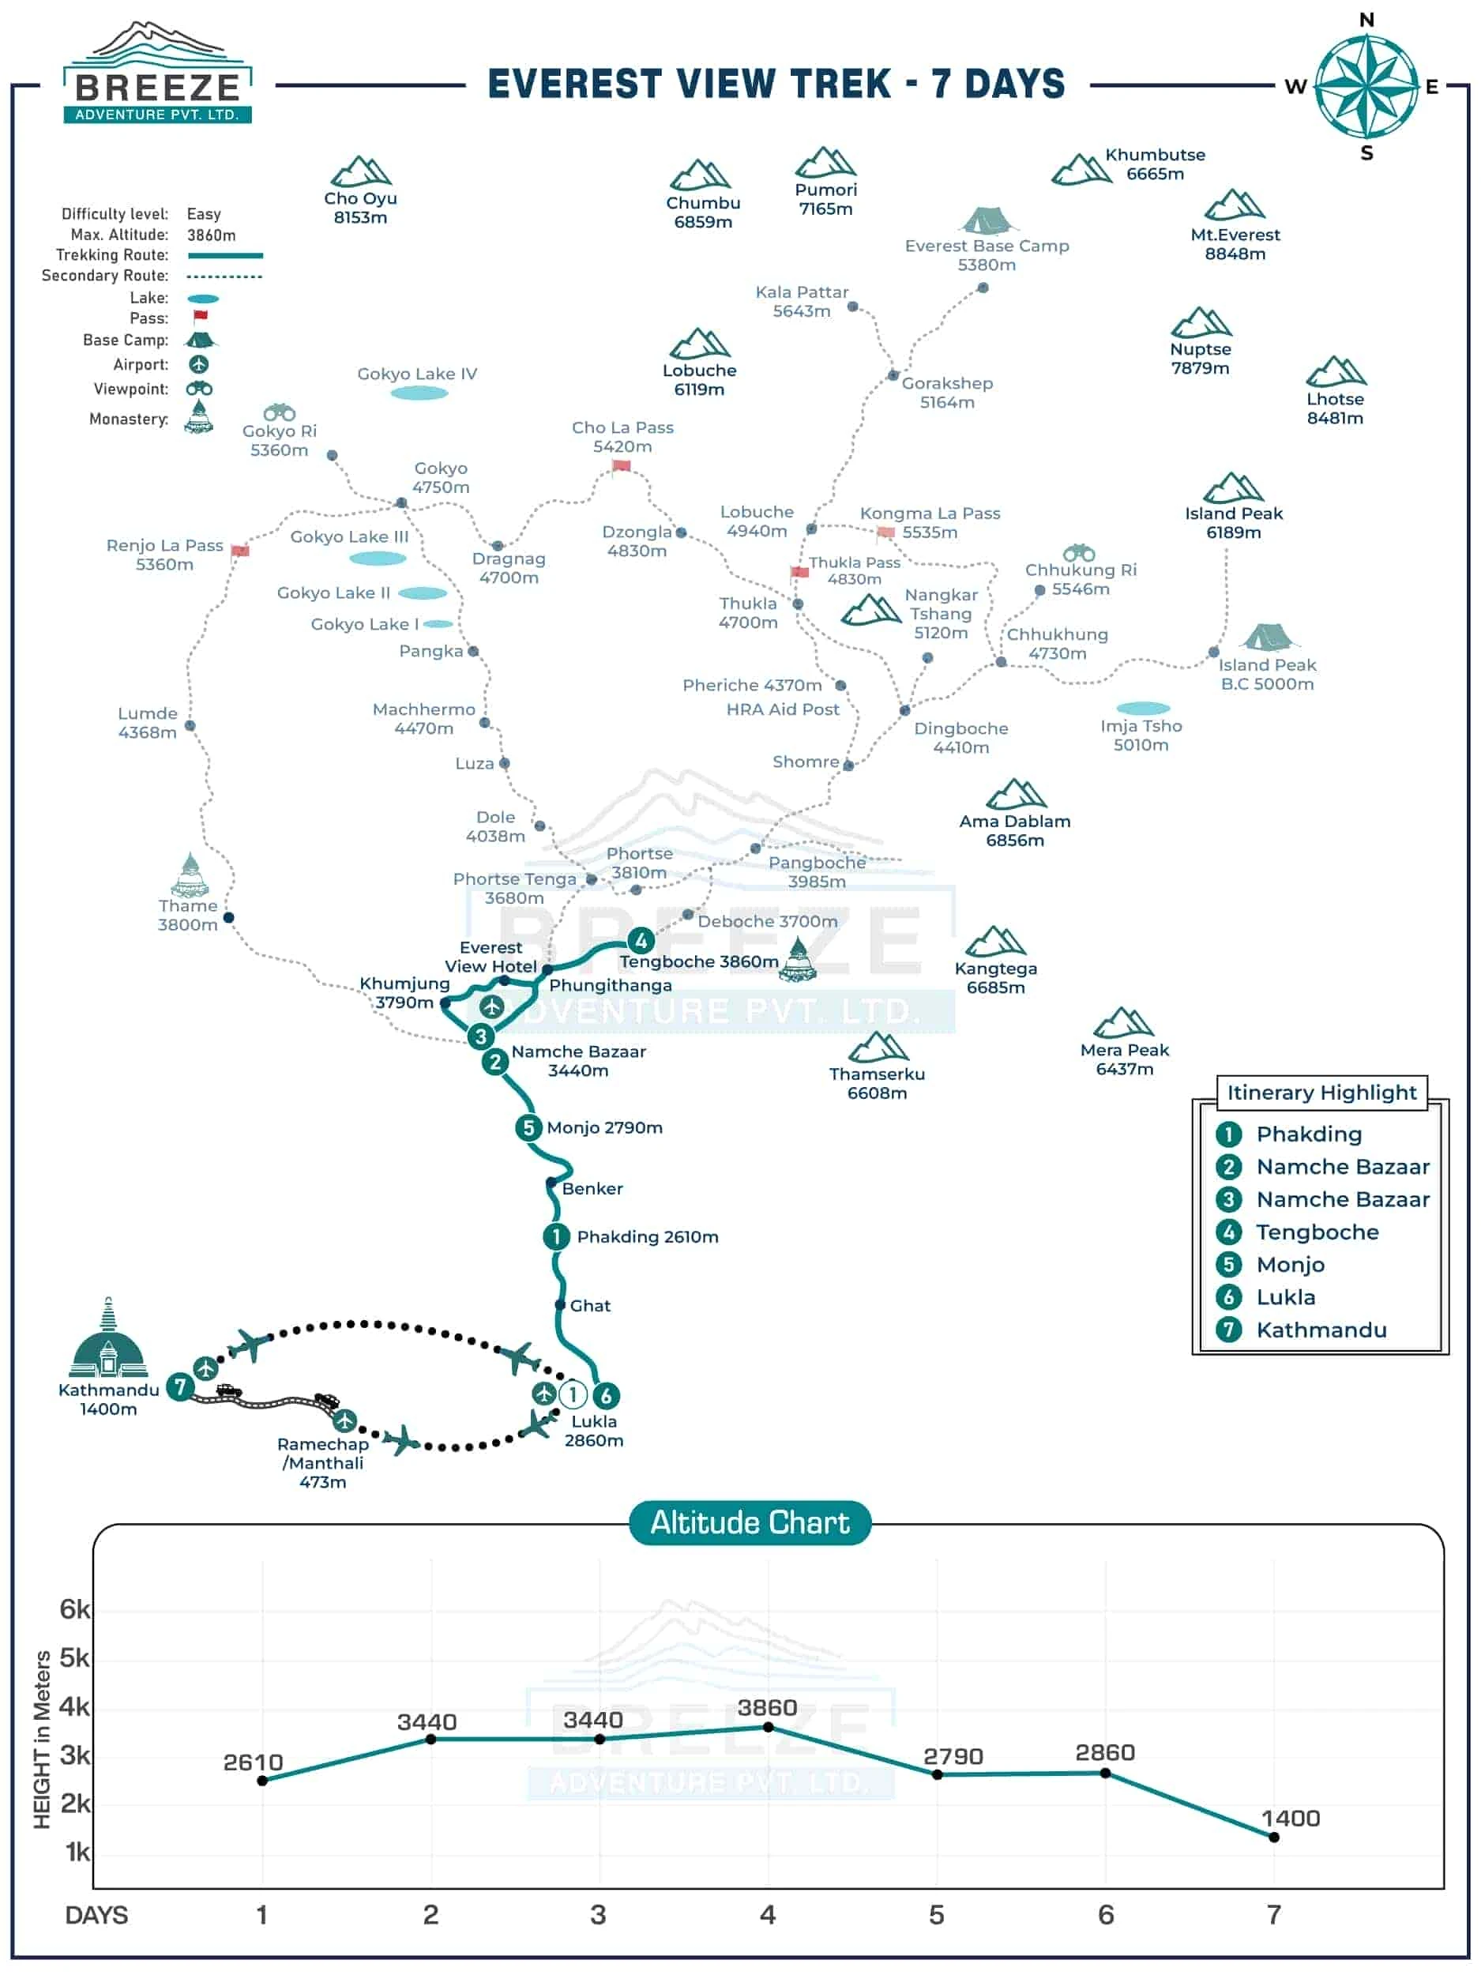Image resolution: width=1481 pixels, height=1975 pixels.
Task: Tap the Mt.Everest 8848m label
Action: point(1235,244)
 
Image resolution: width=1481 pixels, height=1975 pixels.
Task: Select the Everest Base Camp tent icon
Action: point(987,220)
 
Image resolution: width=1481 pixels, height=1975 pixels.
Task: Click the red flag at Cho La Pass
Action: point(622,466)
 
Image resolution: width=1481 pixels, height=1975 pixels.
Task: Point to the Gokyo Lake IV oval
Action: point(419,393)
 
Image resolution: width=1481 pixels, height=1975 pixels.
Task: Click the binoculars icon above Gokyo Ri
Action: point(280,412)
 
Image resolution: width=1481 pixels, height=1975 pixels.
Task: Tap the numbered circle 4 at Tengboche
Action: point(640,940)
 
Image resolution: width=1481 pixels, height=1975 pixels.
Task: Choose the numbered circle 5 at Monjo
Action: point(528,1127)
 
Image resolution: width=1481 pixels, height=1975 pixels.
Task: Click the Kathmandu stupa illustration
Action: point(108,1338)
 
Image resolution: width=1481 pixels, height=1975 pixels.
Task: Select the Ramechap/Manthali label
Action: point(323,1462)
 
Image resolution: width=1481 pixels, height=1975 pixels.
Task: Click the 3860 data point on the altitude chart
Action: point(768,1727)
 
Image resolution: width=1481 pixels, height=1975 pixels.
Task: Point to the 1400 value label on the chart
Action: point(1290,1818)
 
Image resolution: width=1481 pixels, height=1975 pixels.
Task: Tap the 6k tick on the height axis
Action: point(75,1609)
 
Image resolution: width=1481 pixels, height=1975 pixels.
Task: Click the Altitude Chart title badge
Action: point(749,1523)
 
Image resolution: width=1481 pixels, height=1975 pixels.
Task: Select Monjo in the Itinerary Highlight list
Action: point(1290,1264)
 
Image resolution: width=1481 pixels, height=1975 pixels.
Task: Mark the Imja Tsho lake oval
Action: point(1143,709)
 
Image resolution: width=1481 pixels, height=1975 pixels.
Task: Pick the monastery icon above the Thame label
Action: point(190,874)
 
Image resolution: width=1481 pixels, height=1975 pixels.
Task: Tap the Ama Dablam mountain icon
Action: point(1015,794)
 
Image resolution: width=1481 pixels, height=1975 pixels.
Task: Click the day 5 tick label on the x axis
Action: point(937,1914)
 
